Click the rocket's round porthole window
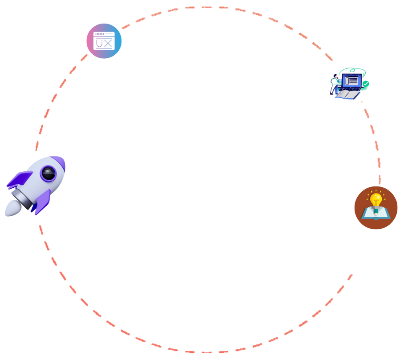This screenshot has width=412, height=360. (x=48, y=173)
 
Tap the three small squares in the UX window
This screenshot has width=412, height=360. (x=100, y=34)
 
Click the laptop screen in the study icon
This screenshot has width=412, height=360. (x=352, y=81)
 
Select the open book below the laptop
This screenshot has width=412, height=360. (x=347, y=95)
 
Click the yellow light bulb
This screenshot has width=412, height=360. (x=376, y=198)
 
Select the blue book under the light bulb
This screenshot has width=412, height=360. (x=376, y=214)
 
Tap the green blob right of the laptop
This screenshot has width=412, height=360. (x=365, y=84)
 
